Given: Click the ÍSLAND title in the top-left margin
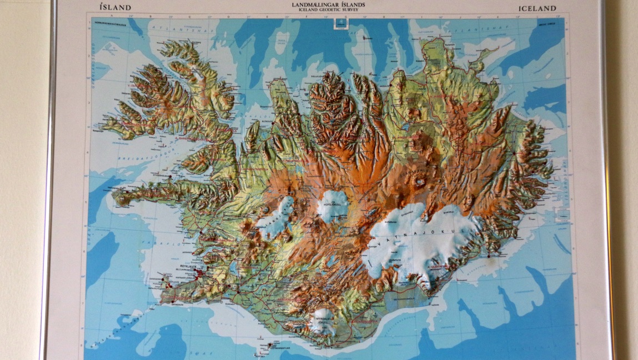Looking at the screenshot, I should tap(115, 8).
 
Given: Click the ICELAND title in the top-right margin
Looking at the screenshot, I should tap(537, 8).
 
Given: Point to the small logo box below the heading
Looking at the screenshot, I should tap(338, 23).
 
